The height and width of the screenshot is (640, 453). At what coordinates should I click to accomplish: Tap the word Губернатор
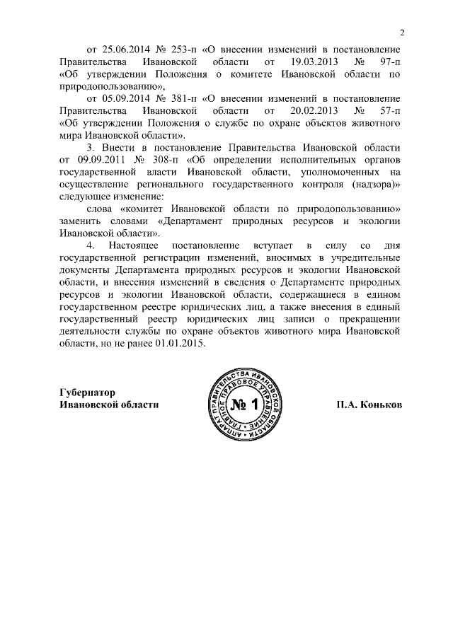[x=88, y=392]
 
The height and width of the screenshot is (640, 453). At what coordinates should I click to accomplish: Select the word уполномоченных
[x=349, y=173]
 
